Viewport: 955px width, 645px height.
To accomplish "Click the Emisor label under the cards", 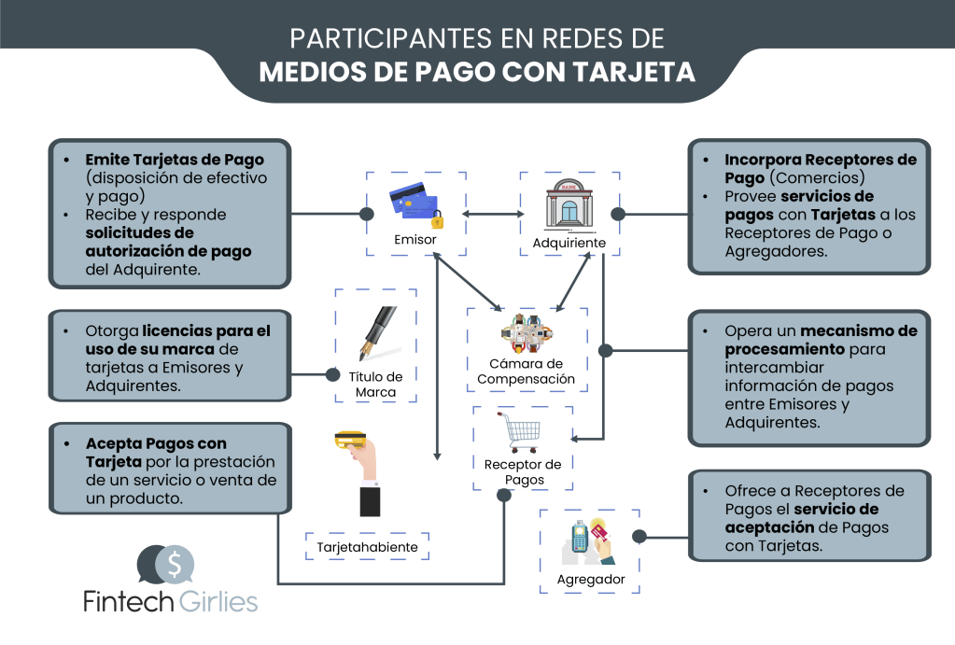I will (414, 239).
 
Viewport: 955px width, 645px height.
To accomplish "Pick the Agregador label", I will (590, 580).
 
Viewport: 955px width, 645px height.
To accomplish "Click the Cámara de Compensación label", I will (527, 371).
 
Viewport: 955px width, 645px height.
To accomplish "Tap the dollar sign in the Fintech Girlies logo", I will (176, 562).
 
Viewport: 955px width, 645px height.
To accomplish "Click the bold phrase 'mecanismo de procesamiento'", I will (820, 340).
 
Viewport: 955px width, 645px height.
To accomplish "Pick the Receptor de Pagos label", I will (523, 471).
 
